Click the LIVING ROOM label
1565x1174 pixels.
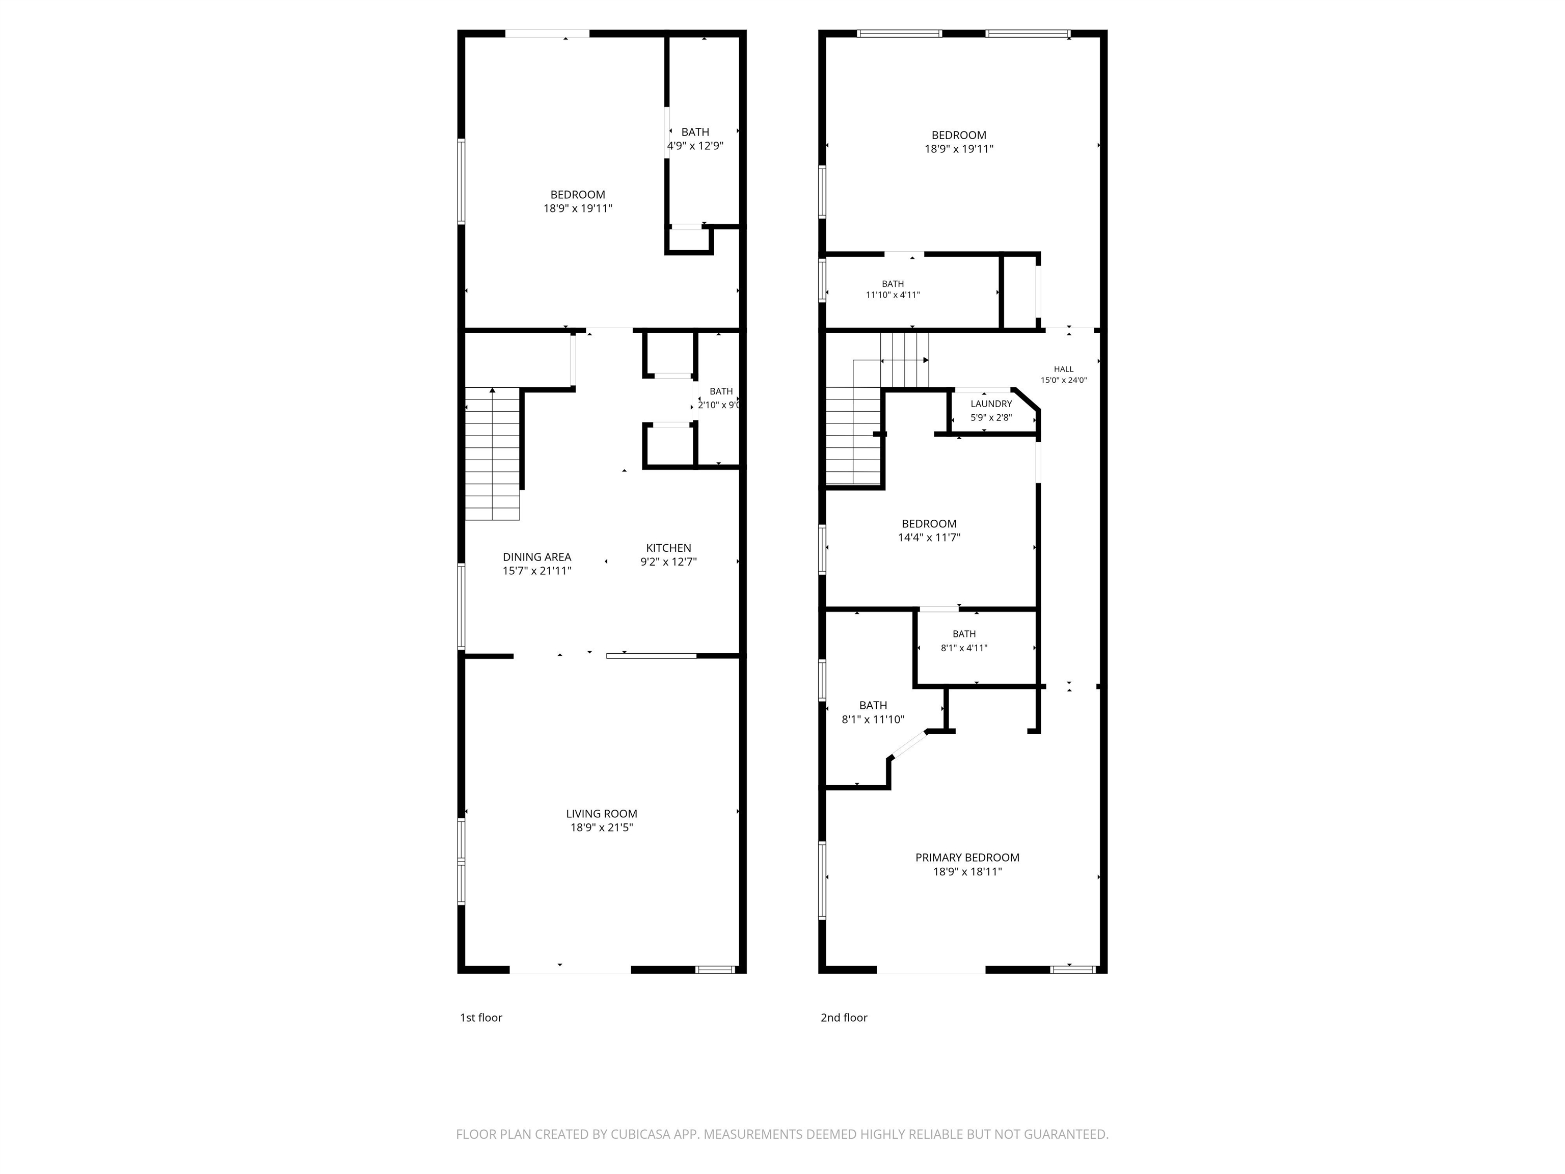601,814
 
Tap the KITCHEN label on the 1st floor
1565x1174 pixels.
668,548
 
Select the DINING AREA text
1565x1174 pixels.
537,557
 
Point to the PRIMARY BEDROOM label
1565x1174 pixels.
967,858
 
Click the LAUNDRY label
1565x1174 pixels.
991,404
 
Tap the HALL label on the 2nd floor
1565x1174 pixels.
1063,369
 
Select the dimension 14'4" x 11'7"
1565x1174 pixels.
929,538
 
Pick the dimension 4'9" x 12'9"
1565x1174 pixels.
695,146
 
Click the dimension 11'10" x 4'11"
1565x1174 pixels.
893,295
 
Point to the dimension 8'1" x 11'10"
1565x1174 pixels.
873,719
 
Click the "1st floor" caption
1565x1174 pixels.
481,1018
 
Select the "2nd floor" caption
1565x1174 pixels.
844,1018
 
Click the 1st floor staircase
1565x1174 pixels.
493,453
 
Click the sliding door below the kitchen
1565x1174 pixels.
652,656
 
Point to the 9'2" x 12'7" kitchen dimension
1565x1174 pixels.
668,562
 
